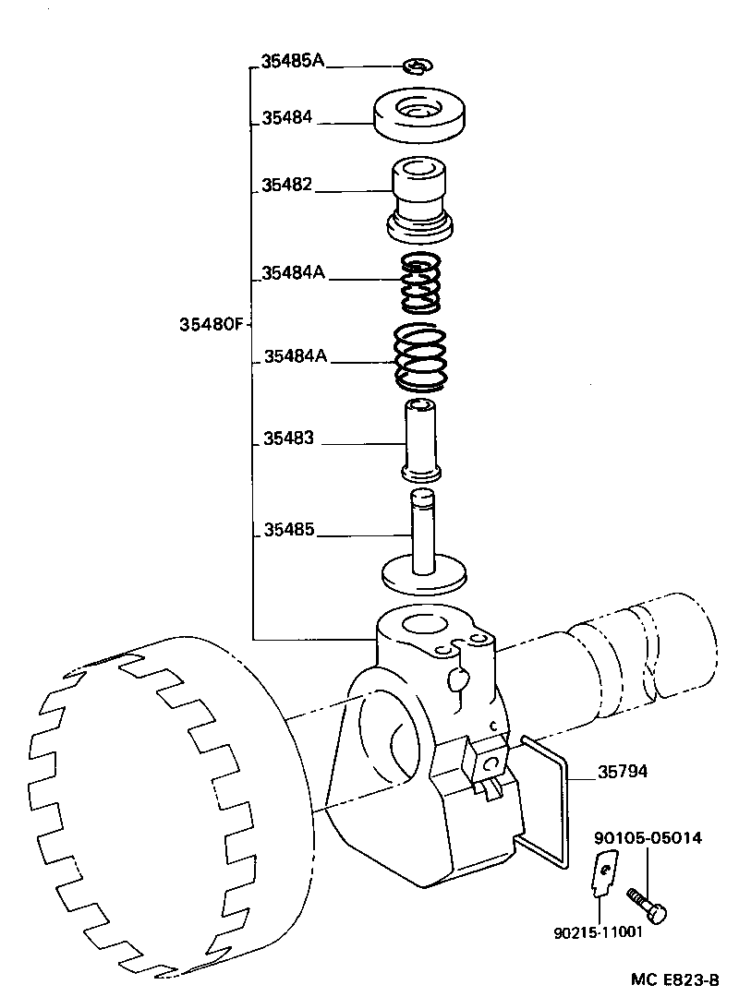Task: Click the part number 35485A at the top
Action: click(293, 60)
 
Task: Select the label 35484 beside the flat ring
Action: click(287, 117)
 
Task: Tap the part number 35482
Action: click(287, 185)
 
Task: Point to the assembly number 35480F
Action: click(212, 324)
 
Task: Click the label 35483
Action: click(289, 438)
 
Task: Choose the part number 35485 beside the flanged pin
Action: click(289, 529)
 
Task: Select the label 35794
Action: click(623, 771)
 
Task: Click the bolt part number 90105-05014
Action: click(648, 838)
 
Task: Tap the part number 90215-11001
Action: click(599, 932)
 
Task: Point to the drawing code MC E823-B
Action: click(675, 979)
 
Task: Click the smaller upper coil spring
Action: click(420, 283)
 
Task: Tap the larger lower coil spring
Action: click(420, 357)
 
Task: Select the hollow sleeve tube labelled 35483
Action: click(420, 440)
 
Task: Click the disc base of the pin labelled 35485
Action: click(423, 575)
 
